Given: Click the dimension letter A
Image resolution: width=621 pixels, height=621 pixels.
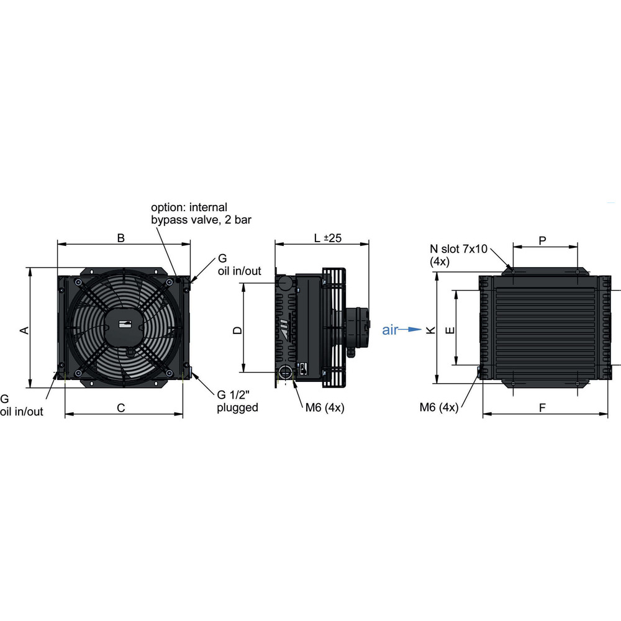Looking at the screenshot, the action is [25, 330].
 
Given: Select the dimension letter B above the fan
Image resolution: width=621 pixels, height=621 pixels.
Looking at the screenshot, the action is [121, 238].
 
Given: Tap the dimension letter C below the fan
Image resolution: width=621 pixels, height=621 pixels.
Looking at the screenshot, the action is [121, 407].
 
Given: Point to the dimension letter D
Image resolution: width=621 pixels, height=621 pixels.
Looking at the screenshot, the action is [237, 330].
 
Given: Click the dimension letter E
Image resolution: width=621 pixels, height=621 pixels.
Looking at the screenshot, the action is [450, 330].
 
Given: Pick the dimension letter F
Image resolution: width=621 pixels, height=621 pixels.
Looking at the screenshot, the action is [543, 407].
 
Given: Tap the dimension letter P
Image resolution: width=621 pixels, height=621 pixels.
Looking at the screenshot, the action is [543, 240].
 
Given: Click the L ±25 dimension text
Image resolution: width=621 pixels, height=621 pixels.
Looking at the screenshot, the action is [327, 238].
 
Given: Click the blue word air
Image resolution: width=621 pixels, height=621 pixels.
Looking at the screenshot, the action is [390, 330].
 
